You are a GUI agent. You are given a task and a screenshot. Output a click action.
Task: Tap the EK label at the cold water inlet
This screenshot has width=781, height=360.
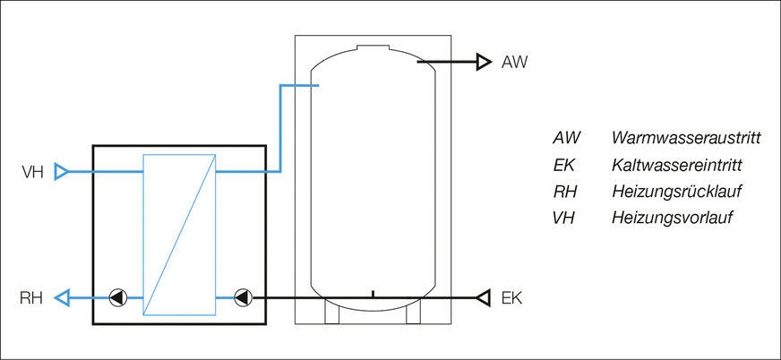point(512,297)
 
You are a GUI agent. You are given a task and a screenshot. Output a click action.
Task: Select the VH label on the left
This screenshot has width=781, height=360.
point(33,171)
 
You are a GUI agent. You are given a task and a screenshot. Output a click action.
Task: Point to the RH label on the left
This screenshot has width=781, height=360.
point(32,297)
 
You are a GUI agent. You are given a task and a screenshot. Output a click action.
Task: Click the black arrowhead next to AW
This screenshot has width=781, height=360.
point(484,62)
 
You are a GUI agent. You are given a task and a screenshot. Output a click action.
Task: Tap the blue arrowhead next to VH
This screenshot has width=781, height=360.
point(61,171)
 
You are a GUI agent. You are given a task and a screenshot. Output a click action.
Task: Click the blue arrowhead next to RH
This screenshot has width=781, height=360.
point(61,297)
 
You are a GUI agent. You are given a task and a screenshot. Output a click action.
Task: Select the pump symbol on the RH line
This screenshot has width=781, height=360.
point(117,297)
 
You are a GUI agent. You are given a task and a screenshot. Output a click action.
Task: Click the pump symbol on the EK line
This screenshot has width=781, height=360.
point(241,297)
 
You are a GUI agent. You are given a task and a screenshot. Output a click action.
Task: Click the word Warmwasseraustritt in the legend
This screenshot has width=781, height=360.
point(686,139)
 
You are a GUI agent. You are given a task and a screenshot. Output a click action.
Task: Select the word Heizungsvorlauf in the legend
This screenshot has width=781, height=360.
point(672,218)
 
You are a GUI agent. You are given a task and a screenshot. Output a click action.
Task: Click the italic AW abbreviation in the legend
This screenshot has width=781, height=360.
point(567,139)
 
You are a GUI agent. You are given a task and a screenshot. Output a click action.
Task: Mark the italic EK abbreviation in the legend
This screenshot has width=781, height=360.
point(564,166)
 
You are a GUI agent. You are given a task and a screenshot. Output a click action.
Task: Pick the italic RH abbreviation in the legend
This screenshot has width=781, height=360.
point(565,192)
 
